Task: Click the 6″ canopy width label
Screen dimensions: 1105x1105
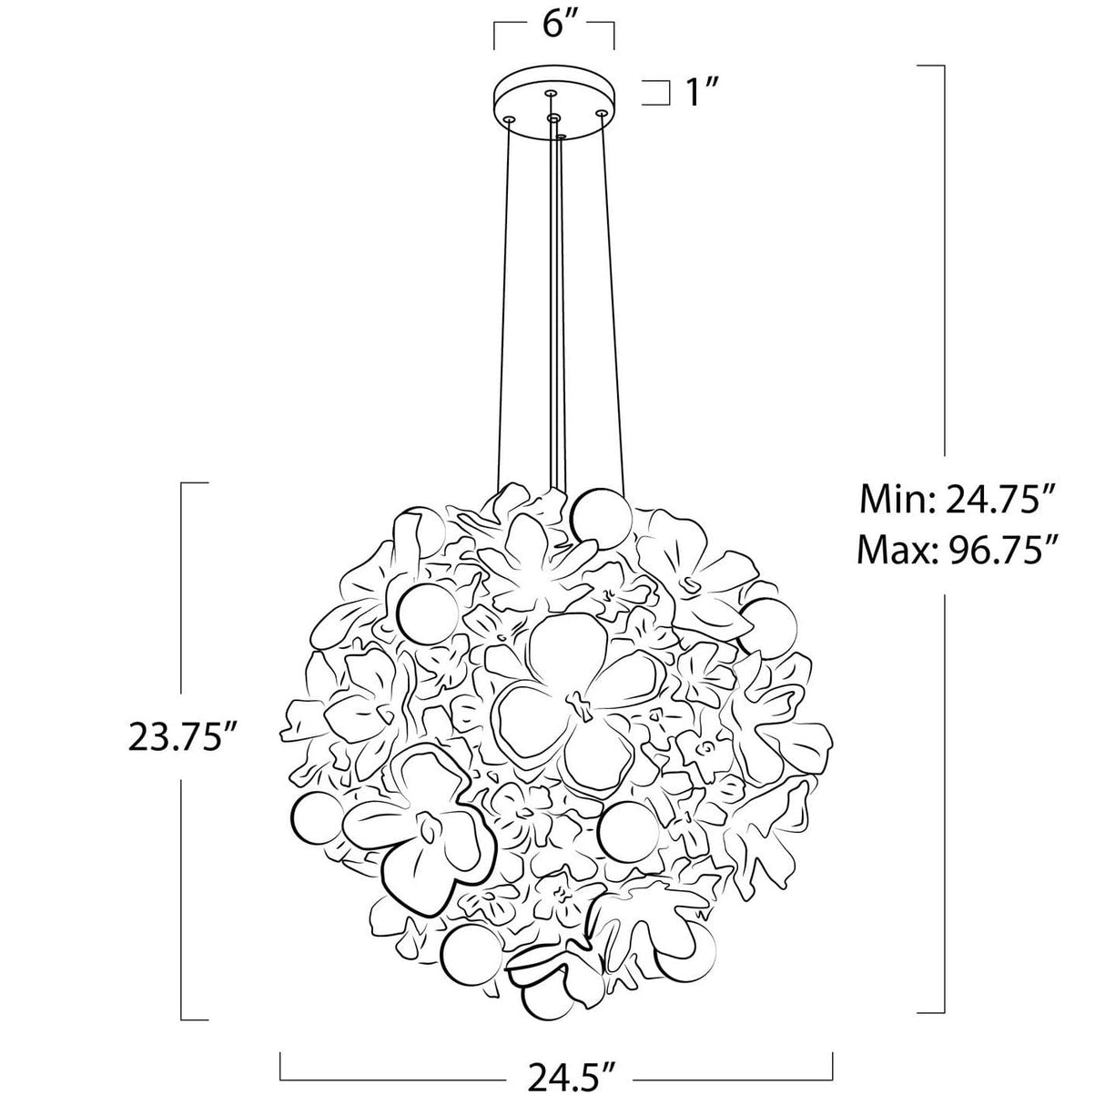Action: pos(554,24)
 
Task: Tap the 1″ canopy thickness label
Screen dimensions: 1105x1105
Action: pos(701,92)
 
